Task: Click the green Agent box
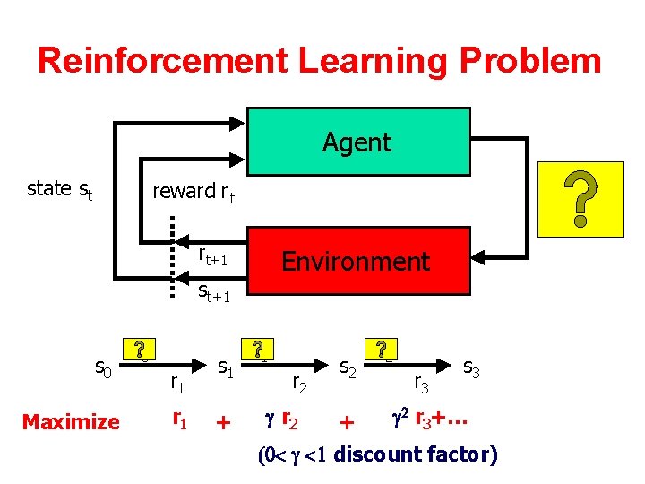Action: pos(358,142)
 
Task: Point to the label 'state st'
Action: pos(60,189)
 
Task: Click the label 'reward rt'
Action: pos(193,191)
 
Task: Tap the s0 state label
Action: pos(104,366)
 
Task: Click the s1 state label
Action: pos(227,367)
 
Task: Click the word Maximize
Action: pos(71,421)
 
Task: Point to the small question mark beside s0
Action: pos(139,350)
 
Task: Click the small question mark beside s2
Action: pos(383,350)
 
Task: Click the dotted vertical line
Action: pos(173,270)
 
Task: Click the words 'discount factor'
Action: pos(415,454)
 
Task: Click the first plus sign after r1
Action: pos(224,422)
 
